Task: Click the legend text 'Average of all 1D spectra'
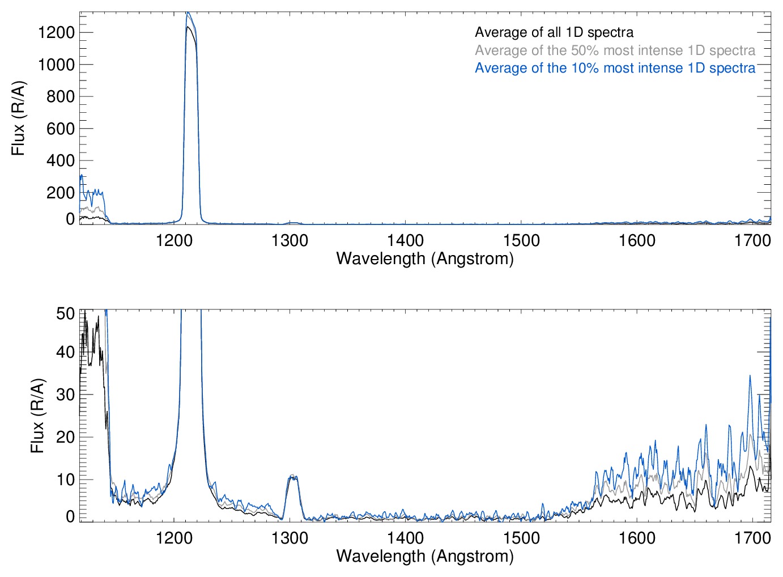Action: (x=554, y=32)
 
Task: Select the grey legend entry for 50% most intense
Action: (x=615, y=50)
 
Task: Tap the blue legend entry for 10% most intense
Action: (x=615, y=68)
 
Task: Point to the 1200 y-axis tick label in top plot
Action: (x=56, y=32)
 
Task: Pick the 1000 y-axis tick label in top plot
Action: (x=56, y=65)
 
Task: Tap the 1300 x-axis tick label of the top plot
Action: (x=290, y=241)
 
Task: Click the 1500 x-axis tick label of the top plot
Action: (x=521, y=241)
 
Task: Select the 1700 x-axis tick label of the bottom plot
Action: (x=752, y=537)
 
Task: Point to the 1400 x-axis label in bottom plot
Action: (x=406, y=537)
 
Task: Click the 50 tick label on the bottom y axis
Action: (x=66, y=313)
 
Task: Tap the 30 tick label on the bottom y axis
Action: (x=66, y=394)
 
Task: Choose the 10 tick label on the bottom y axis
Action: (x=66, y=480)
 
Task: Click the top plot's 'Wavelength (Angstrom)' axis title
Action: (x=425, y=259)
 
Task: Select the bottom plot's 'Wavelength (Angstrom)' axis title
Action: (x=425, y=556)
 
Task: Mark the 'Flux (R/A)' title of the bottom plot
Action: (x=37, y=415)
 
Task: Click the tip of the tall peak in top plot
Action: (x=188, y=13)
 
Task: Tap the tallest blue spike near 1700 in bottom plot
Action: (x=750, y=376)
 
